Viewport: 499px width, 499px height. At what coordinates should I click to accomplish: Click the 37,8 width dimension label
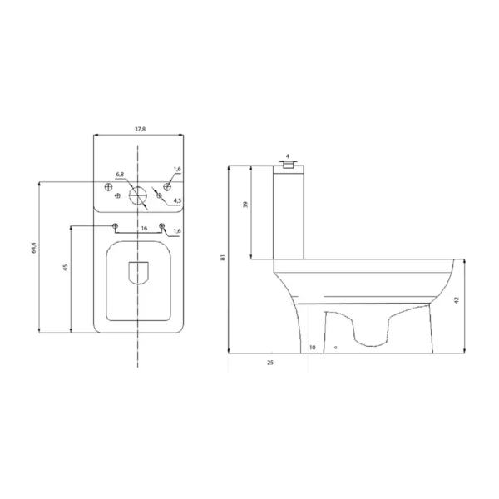click(140, 129)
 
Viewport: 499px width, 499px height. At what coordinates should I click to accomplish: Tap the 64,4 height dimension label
click(34, 248)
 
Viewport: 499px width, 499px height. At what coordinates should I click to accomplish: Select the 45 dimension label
click(66, 267)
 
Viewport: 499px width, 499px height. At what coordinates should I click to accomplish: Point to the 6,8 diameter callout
click(120, 175)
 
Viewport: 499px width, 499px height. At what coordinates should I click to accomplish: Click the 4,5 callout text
click(177, 200)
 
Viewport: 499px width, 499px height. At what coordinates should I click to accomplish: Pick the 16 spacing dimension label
click(144, 228)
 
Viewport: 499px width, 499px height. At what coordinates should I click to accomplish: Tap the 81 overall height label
click(223, 258)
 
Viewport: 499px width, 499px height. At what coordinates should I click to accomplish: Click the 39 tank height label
click(245, 205)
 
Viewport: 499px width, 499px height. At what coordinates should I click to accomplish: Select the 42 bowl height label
click(457, 300)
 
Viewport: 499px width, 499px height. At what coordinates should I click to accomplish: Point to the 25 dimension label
click(270, 363)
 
